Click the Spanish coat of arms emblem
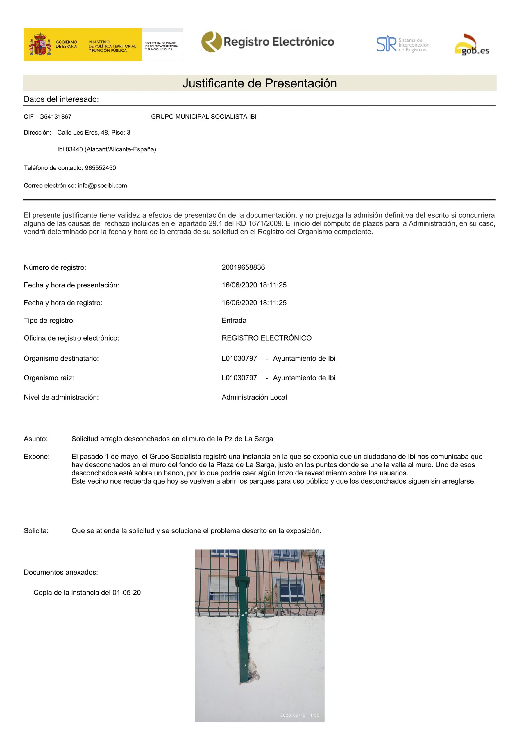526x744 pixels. [x=40, y=44]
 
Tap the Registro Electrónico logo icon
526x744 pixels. [x=211, y=42]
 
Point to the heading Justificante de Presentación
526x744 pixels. [x=259, y=83]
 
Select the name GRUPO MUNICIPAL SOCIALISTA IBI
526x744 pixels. [x=203, y=117]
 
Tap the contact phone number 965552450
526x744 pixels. [x=101, y=168]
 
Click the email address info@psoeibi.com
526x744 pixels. [x=102, y=186]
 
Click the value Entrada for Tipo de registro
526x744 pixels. [x=234, y=321]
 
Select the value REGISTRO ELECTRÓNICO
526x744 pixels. [x=266, y=338]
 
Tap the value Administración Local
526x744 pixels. [x=254, y=397]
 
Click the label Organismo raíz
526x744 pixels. [x=49, y=378]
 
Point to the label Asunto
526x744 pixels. [x=36, y=439]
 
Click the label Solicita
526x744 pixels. [x=36, y=531]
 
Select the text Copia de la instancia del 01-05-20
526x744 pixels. [x=87, y=593]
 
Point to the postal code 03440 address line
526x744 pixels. [x=107, y=149]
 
